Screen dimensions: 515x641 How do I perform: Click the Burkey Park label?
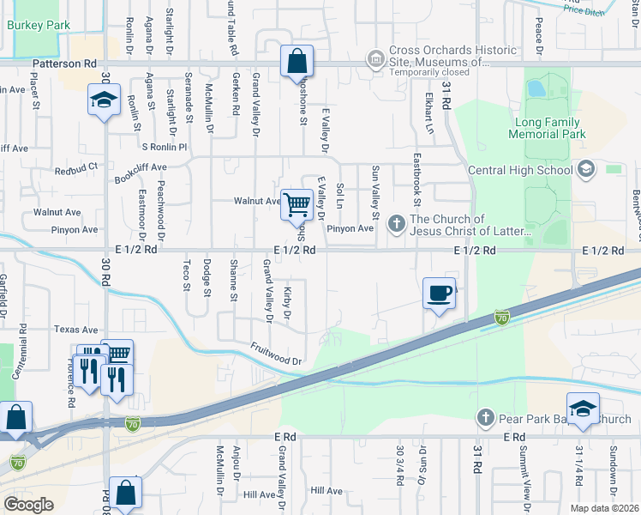click(39, 26)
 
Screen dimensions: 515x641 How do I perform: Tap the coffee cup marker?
click(439, 294)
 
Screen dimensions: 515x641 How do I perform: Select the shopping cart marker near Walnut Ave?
click(296, 204)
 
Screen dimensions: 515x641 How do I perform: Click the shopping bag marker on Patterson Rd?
click(296, 62)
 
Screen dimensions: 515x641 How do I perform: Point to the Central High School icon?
click(586, 169)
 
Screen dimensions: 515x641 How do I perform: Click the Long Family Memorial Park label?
click(547, 129)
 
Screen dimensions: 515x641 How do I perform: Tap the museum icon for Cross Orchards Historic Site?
click(375, 58)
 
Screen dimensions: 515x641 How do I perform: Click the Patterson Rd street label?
click(65, 64)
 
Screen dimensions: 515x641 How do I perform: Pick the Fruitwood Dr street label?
click(277, 354)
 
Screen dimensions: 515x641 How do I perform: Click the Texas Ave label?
click(76, 329)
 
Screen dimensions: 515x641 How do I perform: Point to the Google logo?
click(28, 504)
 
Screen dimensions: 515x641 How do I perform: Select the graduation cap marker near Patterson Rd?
click(104, 100)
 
